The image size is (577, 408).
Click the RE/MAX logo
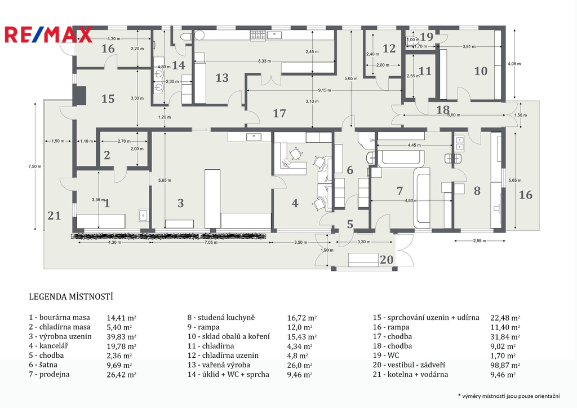coord(48,35)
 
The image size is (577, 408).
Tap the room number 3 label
coord(180,203)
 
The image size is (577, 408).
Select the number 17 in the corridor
coord(279,113)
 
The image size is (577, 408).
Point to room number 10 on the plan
coord(481,71)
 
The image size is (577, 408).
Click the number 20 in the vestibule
coord(387,260)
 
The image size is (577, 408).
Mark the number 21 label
coord(54,215)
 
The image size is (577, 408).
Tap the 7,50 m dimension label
coord(35,166)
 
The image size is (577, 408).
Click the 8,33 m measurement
coord(264,61)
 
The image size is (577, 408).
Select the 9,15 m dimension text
coord(324,90)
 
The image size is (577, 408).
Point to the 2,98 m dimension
coord(480,240)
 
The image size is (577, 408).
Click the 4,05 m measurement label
coord(514,63)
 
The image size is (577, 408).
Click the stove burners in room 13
coord(258,36)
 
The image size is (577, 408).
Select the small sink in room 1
coord(144,215)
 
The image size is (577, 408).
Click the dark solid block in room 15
coord(79,96)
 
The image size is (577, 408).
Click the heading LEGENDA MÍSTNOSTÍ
coord(71,297)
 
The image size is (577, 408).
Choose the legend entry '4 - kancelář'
coord(48,346)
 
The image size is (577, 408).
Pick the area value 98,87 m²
coord(505,365)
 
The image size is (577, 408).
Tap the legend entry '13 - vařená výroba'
coord(219,365)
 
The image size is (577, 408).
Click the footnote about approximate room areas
coord(509,396)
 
